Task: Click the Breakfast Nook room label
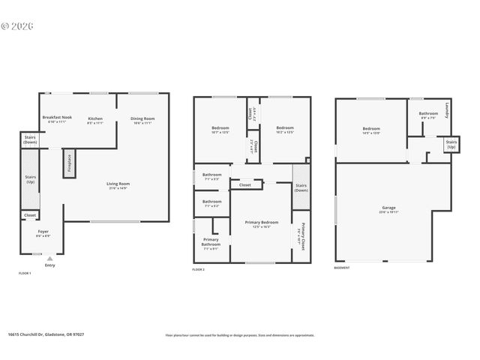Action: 57,118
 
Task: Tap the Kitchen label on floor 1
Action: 95,118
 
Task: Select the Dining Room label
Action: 142,118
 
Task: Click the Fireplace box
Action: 70,163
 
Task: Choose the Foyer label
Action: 43,232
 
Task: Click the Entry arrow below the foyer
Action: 49,258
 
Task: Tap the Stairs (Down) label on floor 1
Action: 30,139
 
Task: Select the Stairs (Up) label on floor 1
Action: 30,179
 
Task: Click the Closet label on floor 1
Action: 30,215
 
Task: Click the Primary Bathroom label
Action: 211,242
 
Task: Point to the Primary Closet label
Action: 303,235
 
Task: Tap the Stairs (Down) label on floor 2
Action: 301,187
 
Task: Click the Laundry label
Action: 447,110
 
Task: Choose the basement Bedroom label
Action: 371,129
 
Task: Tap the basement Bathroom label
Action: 428,115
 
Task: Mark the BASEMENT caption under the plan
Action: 344,268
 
